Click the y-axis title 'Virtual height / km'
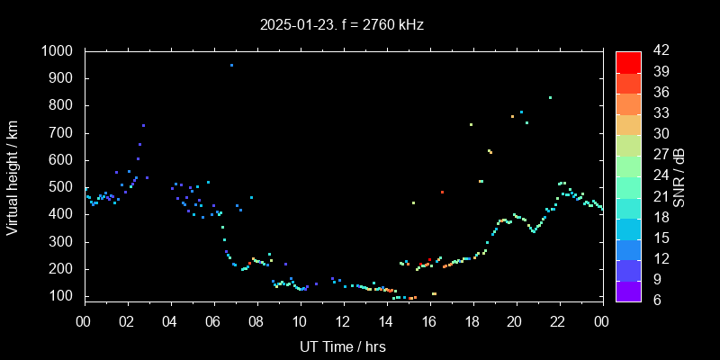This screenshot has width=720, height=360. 13,180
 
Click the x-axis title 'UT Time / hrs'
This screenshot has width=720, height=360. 343,346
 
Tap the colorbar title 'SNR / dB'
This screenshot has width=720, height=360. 679,175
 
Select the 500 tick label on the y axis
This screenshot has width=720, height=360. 63,187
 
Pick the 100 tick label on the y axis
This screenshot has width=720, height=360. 63,296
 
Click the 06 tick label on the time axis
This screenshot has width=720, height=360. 213,321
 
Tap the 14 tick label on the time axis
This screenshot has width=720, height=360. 386,321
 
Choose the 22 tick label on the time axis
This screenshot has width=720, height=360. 558,321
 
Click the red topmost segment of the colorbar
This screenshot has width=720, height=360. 628,61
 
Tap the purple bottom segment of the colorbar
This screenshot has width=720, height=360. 628,290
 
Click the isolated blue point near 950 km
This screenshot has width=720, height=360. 231,65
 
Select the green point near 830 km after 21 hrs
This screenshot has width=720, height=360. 550,97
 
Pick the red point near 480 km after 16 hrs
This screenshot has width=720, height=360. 442,192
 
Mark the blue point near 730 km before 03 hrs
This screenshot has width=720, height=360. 143,125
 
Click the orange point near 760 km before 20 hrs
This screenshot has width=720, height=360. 512,116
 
